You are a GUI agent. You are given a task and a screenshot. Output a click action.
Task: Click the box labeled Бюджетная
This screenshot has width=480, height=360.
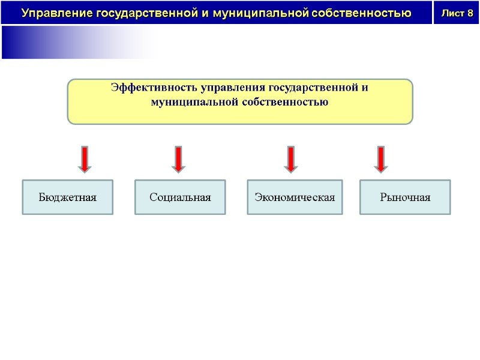coord(67,197)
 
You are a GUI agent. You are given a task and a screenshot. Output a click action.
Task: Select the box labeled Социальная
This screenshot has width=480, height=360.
coord(180,197)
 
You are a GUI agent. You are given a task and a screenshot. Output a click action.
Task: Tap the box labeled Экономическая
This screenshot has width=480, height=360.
coord(295,197)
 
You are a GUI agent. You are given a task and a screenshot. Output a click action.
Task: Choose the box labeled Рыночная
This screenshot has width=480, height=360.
coord(405,197)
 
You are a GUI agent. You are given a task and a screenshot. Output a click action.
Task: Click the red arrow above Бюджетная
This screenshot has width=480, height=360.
coord(85,159)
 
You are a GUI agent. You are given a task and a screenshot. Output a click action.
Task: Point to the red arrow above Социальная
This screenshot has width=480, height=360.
coord(178,159)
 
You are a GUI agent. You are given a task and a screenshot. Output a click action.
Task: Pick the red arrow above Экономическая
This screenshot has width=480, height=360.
coord(290,159)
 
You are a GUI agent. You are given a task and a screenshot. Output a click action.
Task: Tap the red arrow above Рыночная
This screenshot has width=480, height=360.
coord(380,159)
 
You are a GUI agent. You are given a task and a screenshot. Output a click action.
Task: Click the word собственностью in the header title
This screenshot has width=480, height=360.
coord(362,13)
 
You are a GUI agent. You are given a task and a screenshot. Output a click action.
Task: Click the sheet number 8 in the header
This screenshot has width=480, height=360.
coord(469,13)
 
